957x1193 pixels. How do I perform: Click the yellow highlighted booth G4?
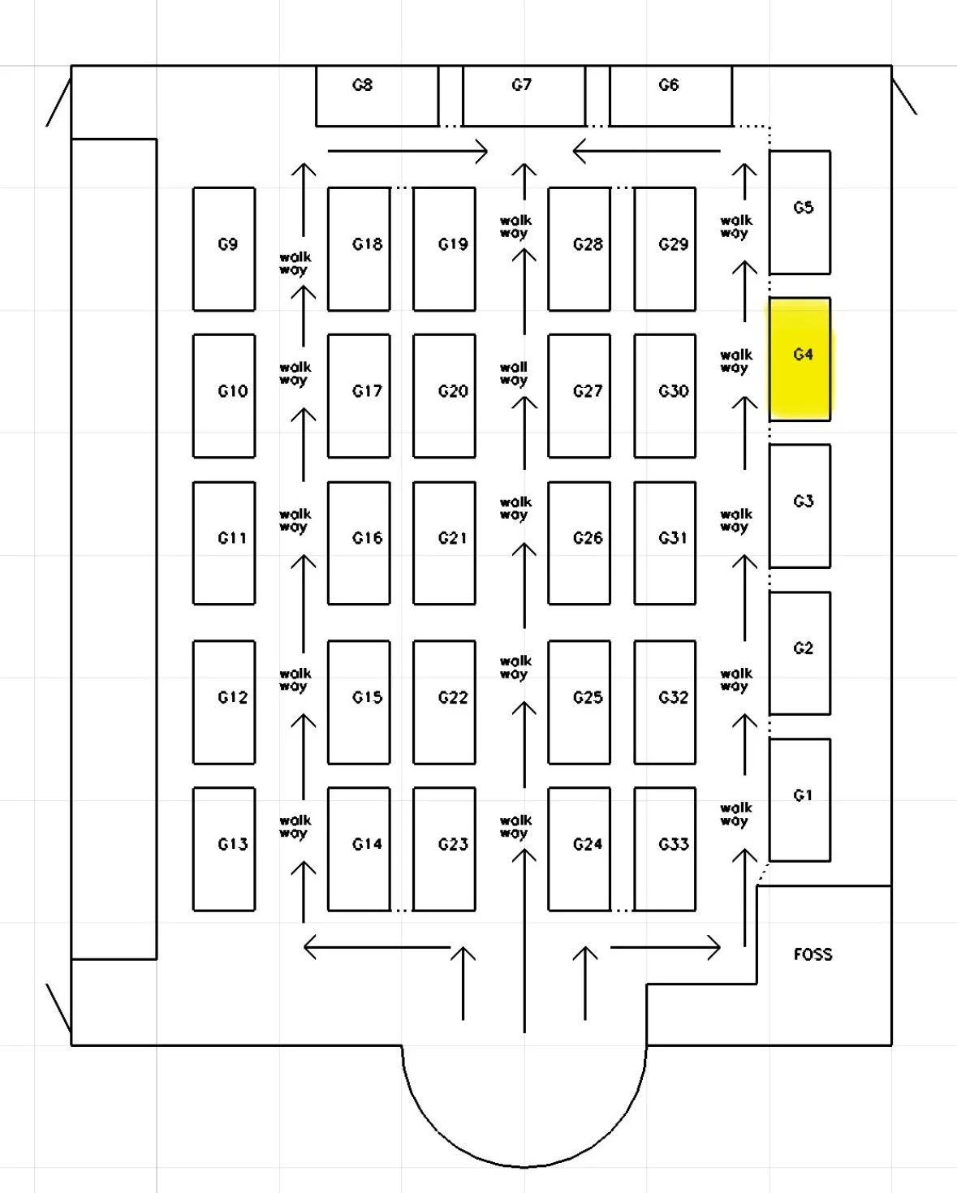(800, 359)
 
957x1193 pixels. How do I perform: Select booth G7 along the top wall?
(524, 96)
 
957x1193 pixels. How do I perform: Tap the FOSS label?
(813, 954)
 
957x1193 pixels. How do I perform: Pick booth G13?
(224, 848)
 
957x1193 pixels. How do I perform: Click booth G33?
(665, 848)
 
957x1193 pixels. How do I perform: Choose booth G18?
(359, 248)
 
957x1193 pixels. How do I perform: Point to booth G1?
(800, 799)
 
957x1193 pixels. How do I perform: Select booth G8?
(377, 96)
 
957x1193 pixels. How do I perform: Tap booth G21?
(444, 542)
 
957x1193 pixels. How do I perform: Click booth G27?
(579, 395)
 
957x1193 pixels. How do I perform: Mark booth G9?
(224, 248)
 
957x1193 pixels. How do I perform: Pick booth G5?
(800, 212)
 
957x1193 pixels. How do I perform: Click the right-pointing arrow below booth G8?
(407, 151)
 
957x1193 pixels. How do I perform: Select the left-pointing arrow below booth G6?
(646, 151)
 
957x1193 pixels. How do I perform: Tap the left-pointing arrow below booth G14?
(377, 947)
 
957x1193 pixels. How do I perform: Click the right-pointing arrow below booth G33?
(665, 947)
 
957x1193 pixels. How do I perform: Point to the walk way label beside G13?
(294, 826)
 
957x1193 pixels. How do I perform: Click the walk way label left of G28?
(515, 226)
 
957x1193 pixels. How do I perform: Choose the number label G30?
(673, 391)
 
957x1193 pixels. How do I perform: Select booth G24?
(579, 848)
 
